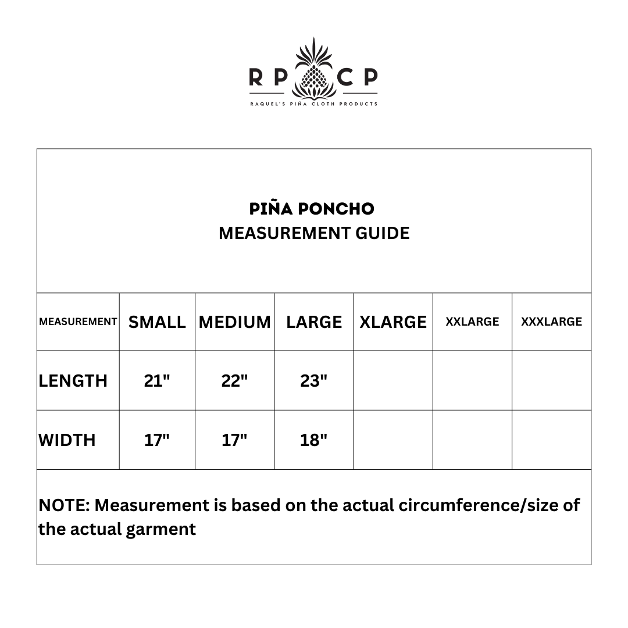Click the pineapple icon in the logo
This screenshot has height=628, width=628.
click(314, 70)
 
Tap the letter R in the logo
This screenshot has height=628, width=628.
click(255, 77)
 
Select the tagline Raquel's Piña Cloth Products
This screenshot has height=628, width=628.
click(314, 104)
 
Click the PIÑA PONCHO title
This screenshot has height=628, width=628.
click(312, 209)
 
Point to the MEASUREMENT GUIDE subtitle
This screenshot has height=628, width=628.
click(314, 233)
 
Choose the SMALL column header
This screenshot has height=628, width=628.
click(157, 322)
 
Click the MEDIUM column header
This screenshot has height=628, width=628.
click(235, 322)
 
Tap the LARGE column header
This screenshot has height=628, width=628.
click(314, 322)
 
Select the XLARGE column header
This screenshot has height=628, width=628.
click(393, 322)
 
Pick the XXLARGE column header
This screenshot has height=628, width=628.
click(472, 322)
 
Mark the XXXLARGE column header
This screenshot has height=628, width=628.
click(551, 322)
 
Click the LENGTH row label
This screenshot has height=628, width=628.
click(73, 381)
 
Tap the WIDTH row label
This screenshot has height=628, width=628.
click(67, 440)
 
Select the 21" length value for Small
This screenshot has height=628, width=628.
click(157, 381)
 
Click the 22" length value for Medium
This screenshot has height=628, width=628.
click(235, 381)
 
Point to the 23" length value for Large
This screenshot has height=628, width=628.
click(314, 381)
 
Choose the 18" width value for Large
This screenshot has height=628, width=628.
click(314, 440)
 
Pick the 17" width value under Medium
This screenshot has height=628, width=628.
click(235, 440)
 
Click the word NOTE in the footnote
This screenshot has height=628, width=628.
click(63, 505)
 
